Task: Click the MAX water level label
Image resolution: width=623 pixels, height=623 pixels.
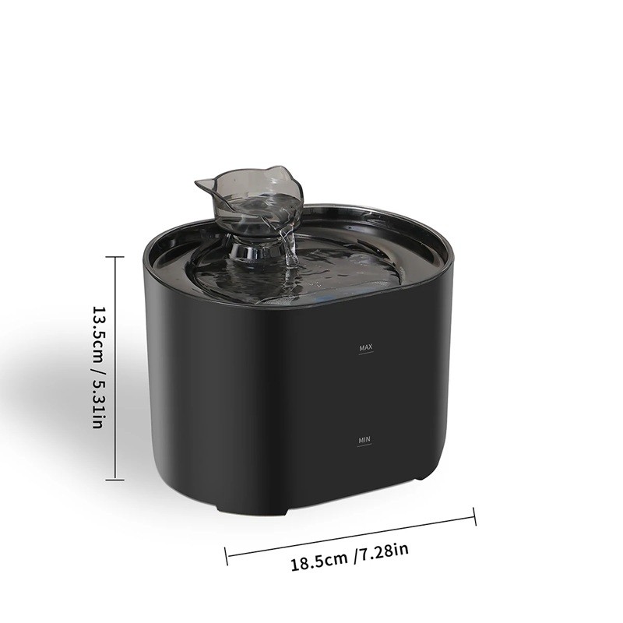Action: (x=366, y=347)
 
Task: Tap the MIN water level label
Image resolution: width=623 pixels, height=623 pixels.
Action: (x=364, y=440)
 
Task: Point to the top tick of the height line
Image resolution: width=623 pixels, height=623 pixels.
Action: (x=115, y=257)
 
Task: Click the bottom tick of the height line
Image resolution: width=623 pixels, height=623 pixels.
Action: (x=115, y=480)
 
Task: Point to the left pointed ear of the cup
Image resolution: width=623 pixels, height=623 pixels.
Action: (x=206, y=184)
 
